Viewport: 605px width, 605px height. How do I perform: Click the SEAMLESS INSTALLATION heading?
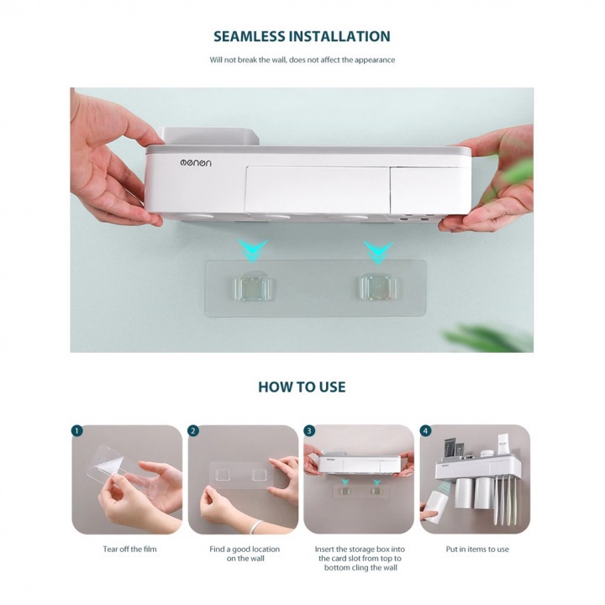click(x=302, y=36)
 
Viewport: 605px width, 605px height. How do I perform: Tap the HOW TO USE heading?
click(x=302, y=387)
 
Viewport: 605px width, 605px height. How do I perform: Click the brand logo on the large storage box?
click(x=196, y=163)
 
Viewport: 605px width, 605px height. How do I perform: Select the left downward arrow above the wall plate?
click(x=253, y=250)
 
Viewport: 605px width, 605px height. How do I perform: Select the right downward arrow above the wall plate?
click(x=378, y=252)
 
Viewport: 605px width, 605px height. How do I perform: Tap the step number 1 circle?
click(x=77, y=430)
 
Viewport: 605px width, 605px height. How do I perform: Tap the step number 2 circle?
click(x=193, y=430)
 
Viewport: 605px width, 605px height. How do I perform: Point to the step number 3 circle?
click(x=309, y=430)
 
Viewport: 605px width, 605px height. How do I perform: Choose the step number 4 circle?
click(x=425, y=430)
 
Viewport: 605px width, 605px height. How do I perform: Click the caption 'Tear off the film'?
click(x=129, y=549)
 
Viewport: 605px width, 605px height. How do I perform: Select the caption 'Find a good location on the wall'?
click(x=245, y=554)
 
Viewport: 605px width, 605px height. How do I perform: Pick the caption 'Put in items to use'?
click(x=477, y=549)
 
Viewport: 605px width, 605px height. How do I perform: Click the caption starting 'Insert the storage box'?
click(x=360, y=558)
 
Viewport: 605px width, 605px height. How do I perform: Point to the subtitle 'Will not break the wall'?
click(x=302, y=60)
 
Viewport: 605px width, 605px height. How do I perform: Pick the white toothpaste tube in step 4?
click(x=502, y=444)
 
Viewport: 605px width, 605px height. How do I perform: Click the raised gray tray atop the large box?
click(x=209, y=136)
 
